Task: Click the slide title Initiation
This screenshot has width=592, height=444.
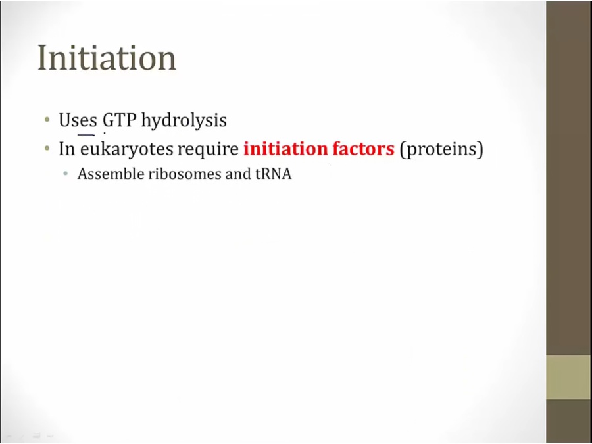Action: click(107, 57)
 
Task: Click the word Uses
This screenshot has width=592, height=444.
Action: click(78, 120)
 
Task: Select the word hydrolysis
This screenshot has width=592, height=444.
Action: click(184, 121)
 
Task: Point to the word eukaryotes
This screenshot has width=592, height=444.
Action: click(126, 149)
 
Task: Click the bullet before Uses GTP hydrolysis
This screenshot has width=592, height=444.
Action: click(47, 120)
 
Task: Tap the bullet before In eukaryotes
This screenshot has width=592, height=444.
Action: click(47, 149)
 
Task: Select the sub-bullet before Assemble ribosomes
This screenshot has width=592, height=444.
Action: click(66, 174)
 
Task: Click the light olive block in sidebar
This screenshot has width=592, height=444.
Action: click(569, 377)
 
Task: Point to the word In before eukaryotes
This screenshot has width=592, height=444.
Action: click(67, 149)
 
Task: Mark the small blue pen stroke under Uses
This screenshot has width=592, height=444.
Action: click(86, 135)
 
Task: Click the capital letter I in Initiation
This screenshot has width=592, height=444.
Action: click(42, 58)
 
